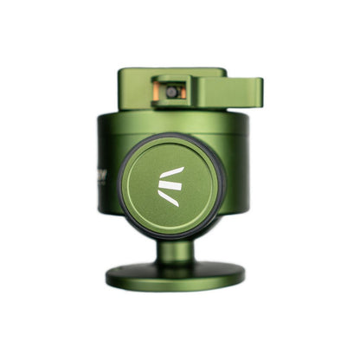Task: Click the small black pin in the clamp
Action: click(173, 91)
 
